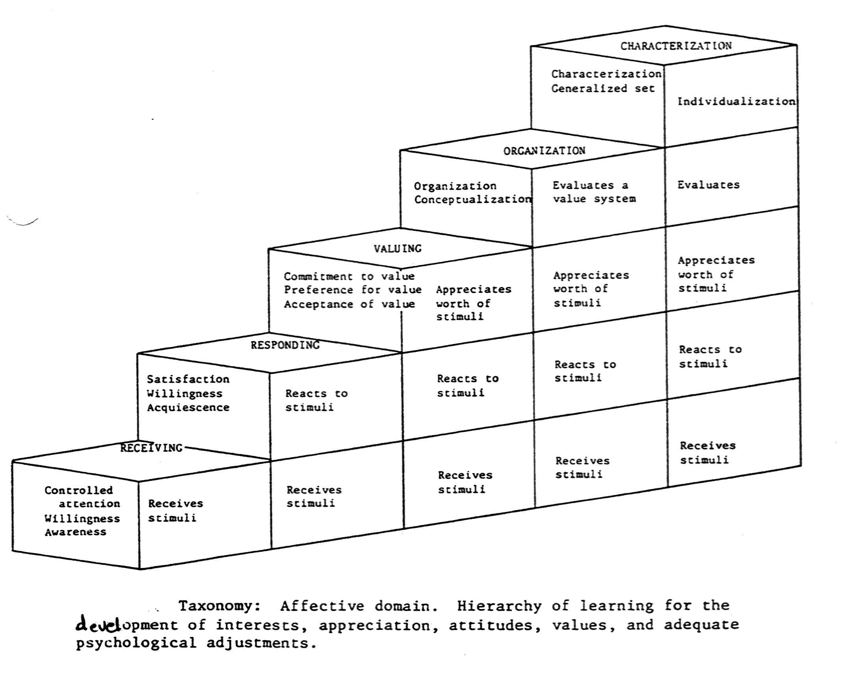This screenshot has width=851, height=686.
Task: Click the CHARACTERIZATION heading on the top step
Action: (676, 46)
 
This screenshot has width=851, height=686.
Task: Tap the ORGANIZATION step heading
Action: (544, 151)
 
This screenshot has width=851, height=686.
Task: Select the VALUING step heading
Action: (398, 249)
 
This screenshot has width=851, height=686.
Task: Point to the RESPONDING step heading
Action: (285, 346)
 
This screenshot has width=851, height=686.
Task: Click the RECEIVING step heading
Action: (151, 448)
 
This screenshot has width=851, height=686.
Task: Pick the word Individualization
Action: (736, 102)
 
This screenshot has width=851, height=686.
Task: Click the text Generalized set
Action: (602, 89)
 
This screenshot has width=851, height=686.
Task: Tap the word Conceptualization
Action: (472, 199)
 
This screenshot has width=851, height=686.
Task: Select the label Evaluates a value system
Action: (594, 192)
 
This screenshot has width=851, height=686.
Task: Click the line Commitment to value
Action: (349, 276)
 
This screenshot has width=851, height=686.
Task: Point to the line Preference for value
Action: (352, 290)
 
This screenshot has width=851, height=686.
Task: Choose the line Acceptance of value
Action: (349, 304)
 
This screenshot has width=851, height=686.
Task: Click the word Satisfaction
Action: (188, 379)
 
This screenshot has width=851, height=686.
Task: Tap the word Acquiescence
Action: (188, 407)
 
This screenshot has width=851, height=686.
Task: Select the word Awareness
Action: (76, 532)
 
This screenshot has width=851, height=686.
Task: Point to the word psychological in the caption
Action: (136, 643)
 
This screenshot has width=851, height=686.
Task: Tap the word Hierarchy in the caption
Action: (500, 606)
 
